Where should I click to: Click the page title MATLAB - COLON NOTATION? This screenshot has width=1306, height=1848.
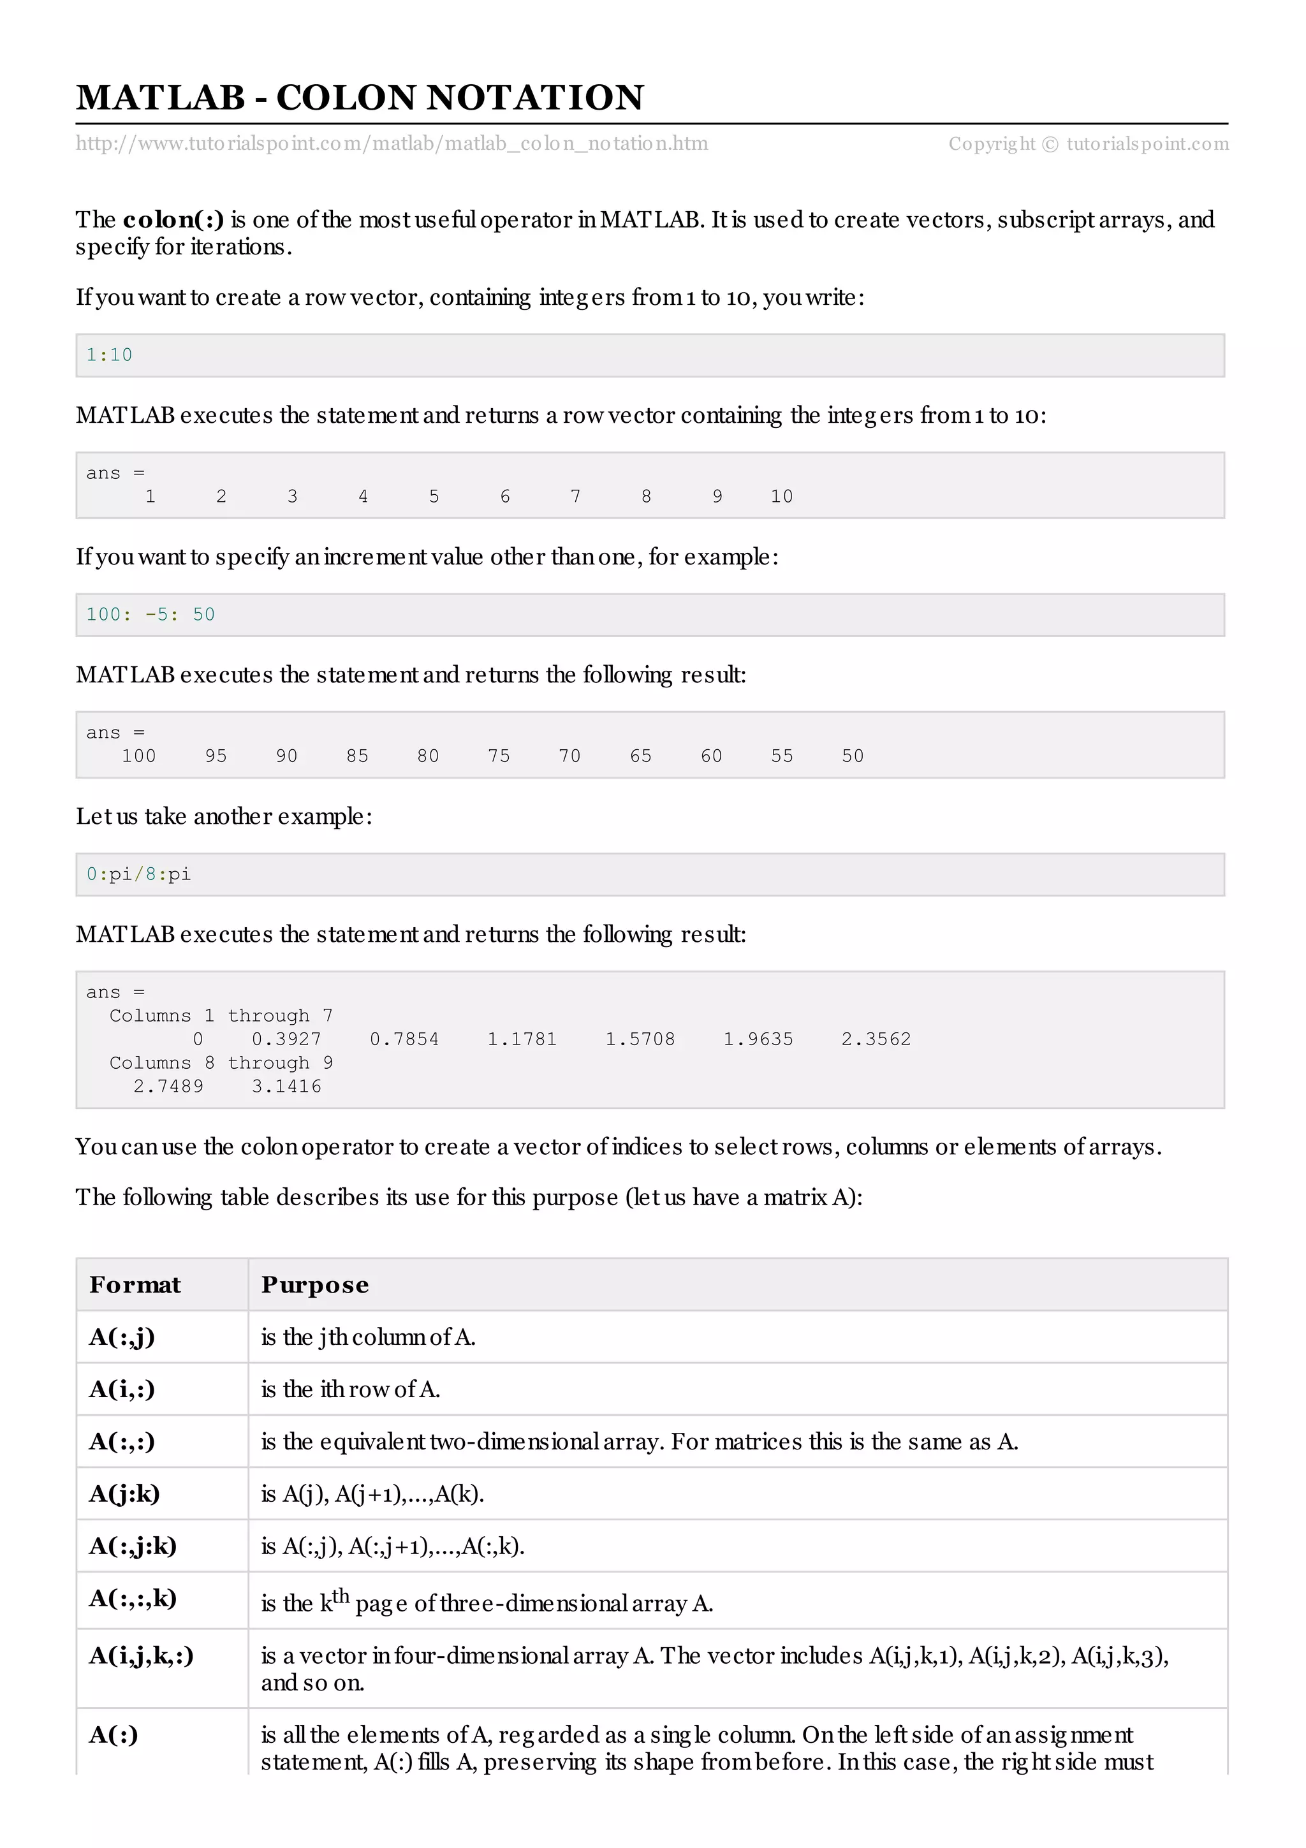(360, 98)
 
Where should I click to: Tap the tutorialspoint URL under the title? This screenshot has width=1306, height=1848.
(392, 144)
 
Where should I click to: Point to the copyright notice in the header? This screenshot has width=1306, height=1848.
(1088, 144)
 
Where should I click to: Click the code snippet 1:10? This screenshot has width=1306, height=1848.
(110, 355)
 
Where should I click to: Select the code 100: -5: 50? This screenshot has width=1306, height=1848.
(150, 614)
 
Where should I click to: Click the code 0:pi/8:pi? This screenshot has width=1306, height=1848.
(138, 874)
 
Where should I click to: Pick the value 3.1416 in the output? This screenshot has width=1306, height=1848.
(286, 1086)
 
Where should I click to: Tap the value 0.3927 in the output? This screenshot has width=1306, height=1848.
(286, 1039)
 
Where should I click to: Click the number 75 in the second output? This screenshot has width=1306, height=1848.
(499, 756)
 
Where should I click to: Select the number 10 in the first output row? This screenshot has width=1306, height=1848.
(781, 497)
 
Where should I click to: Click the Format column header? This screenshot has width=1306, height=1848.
(135, 1284)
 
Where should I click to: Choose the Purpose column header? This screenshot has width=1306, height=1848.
(314, 1284)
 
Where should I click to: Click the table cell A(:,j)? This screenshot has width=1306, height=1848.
(122, 1337)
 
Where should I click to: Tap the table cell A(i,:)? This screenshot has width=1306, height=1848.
(122, 1390)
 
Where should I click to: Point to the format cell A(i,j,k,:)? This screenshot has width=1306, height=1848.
(141, 1655)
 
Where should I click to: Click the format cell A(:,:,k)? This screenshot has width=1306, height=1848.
(133, 1597)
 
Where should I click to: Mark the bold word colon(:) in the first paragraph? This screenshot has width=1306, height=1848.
(173, 220)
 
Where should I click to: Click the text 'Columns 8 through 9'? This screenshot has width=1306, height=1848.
(221, 1062)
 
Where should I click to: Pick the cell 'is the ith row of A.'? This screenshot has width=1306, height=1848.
(350, 1390)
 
